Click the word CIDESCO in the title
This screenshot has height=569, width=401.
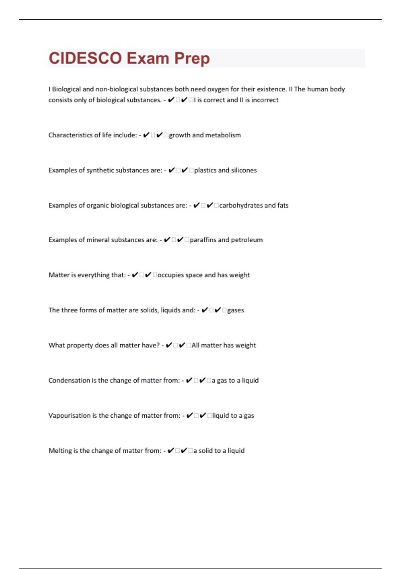pyautogui.click(x=85, y=58)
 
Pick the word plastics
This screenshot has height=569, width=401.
pyautogui.click(x=205, y=170)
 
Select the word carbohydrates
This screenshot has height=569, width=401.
pyautogui.click(x=241, y=205)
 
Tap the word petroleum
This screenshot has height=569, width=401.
pyautogui.click(x=247, y=240)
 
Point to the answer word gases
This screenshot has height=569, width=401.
pyautogui.click(x=236, y=310)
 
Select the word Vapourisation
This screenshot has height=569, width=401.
pyautogui.click(x=70, y=415)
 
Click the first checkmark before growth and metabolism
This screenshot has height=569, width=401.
pyautogui.click(x=146, y=135)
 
